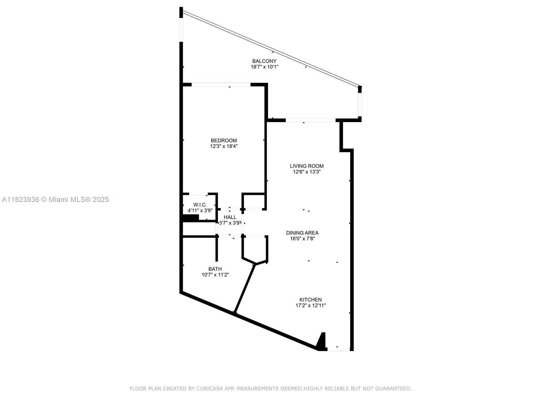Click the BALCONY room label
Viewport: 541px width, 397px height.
coord(264,61)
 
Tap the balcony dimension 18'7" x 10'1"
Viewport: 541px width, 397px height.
coord(265,67)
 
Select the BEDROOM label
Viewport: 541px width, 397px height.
coord(224,140)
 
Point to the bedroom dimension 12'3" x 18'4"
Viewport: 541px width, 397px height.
coord(224,146)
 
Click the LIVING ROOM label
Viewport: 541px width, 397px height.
coord(307,166)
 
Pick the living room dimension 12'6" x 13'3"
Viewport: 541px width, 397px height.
coord(307,172)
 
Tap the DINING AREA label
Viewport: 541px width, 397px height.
coord(302,233)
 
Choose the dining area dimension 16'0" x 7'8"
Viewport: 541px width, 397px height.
coord(302,239)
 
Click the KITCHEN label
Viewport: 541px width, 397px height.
coord(311,300)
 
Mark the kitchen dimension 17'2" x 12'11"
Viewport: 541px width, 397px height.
coord(311,306)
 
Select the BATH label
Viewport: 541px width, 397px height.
coord(215,269)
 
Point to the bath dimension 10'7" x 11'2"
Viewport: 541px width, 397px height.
coord(215,275)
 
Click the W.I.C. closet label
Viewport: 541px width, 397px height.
coord(200,205)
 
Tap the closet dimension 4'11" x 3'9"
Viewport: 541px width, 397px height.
coord(200,210)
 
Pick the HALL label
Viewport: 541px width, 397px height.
coord(230,217)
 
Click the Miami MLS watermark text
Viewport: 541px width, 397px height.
coord(55,199)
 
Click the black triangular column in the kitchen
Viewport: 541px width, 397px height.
coord(322,342)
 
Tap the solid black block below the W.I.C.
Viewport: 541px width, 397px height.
coord(191,218)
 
